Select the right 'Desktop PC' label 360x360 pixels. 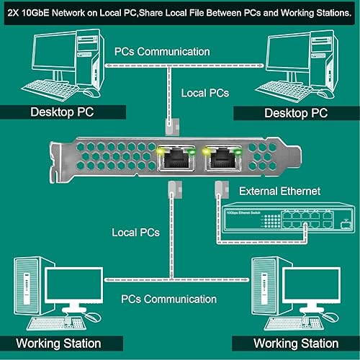click(x=296, y=113)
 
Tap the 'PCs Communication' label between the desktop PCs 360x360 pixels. click(x=162, y=52)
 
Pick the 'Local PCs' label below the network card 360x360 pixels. click(x=136, y=233)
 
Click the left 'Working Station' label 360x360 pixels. click(x=58, y=343)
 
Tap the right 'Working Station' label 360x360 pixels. click(x=295, y=343)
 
